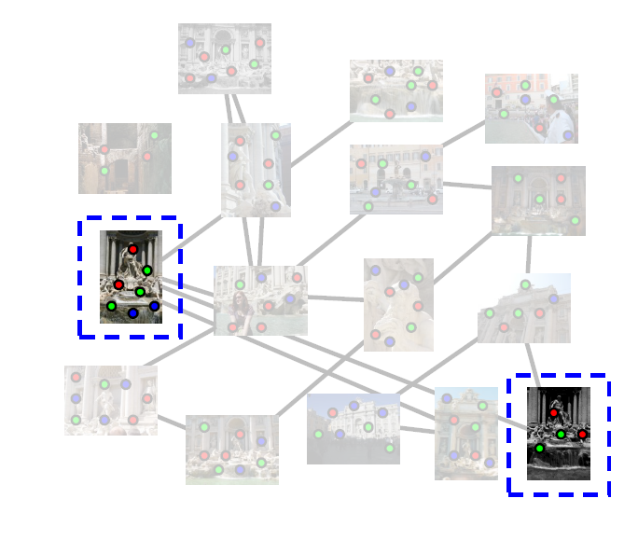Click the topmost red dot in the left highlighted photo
coord(133,249)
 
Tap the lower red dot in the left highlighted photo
coord(118,284)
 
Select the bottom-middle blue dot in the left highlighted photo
coord(133,313)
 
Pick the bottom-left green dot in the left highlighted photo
coord(111,306)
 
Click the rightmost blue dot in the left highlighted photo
coord(154,306)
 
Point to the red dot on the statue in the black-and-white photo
coord(553,412)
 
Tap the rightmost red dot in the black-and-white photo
coord(583,434)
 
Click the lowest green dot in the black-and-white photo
coord(539,449)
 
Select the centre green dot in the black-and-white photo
coord(561,434)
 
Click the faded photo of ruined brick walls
coord(124,158)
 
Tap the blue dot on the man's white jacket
coord(568,135)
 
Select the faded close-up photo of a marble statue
coord(398,304)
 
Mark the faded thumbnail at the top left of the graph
coord(224,58)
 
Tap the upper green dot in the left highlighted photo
coord(147,270)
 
